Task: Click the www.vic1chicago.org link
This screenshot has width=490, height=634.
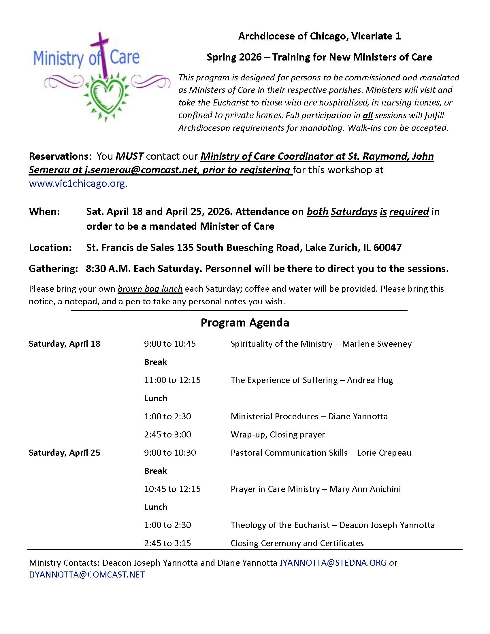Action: point(77,184)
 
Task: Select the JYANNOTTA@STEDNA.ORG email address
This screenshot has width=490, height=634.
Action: point(333,563)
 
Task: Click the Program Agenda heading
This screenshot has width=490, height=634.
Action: point(245,322)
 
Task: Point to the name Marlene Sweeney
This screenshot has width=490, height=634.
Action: point(377,344)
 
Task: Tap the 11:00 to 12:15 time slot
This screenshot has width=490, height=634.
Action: point(172,380)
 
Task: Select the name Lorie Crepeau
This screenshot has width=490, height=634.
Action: point(384,452)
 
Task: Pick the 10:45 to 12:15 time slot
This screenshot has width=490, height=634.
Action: point(172,489)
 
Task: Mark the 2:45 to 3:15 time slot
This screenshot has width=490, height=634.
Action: point(167,543)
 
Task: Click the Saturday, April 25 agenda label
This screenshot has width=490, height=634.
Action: point(65,452)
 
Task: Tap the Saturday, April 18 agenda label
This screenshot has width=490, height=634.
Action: point(65,344)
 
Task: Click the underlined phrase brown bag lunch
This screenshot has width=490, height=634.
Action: point(150,289)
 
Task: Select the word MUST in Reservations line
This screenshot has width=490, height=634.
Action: point(129,156)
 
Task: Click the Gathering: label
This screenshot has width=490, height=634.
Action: point(53,269)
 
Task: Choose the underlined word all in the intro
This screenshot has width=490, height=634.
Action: point(367,116)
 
